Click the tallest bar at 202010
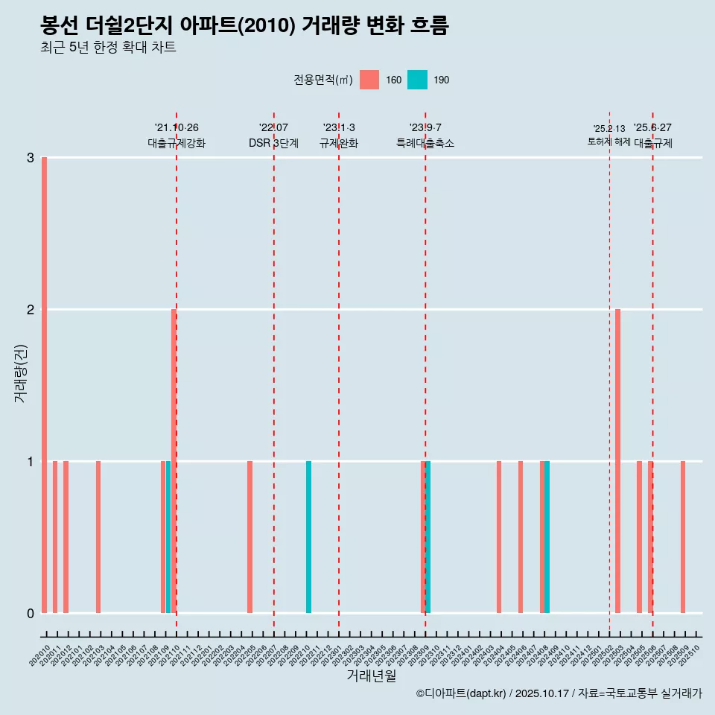pos(45,385)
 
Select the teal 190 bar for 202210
pos(309,537)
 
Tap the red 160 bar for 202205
pos(250,537)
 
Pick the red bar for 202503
pos(618,461)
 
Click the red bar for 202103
pos(98,537)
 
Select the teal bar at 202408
pos(547,537)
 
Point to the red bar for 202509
pos(683,537)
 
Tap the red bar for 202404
pos(499,537)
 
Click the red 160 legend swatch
pos(369,80)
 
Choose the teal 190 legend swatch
pos(417,80)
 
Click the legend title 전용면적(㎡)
pos(322,80)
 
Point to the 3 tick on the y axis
pos(31,158)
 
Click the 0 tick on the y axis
pos(31,614)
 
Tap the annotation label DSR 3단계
pos(273,144)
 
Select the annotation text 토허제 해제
pos(608,142)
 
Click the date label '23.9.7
pos(425,127)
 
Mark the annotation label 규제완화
pos(339,144)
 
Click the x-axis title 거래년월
pos(371,676)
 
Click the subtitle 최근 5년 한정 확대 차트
pos(109,48)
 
